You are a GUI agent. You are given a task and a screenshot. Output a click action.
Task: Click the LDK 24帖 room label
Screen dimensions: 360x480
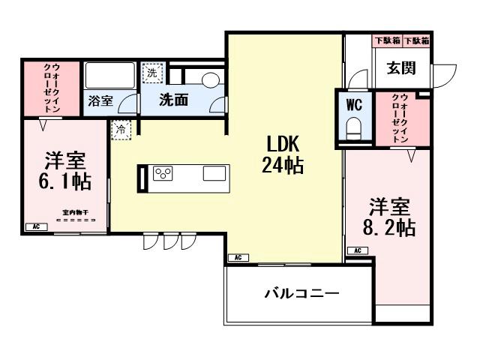click(283, 154)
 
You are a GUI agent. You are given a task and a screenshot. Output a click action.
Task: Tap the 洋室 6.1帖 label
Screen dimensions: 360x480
click(64, 172)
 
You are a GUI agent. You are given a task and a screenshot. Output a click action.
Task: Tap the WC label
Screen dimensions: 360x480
click(353, 105)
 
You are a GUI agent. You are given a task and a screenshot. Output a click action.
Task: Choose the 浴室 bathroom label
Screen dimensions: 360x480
click(100, 100)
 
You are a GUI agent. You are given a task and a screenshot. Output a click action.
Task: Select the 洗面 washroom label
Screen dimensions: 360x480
click(173, 99)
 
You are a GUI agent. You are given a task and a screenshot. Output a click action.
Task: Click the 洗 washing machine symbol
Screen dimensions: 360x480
click(152, 73)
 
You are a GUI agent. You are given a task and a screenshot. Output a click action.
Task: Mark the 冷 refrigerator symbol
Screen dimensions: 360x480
click(121, 129)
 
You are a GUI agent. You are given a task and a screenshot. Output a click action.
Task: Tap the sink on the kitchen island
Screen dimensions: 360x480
click(214, 174)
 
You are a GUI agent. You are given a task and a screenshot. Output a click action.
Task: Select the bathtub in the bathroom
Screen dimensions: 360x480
click(109, 75)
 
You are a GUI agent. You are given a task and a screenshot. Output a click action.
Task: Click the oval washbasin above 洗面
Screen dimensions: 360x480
click(209, 78)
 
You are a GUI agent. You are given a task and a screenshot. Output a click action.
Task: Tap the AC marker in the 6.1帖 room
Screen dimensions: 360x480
click(34, 226)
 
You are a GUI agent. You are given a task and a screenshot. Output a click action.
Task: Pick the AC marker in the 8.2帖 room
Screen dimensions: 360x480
click(357, 250)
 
